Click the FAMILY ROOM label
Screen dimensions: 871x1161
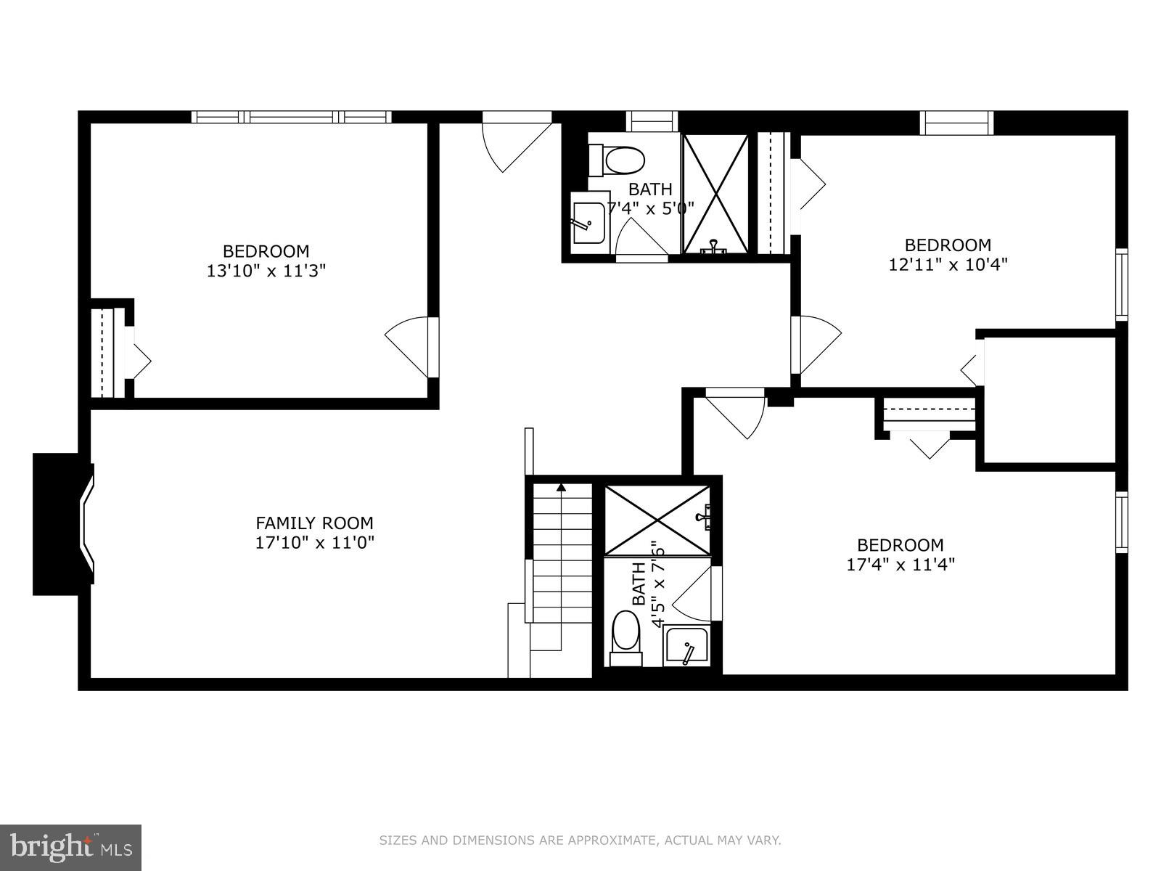coord(314,523)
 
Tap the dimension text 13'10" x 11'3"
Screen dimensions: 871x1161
coord(266,271)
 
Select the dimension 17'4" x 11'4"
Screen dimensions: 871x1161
coord(900,564)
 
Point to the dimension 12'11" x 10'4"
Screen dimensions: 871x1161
coord(948,264)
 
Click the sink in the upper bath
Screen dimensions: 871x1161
coord(588,222)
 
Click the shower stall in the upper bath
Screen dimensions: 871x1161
coord(716,194)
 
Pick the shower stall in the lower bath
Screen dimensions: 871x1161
coord(657,520)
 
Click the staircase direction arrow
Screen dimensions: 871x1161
coord(561,487)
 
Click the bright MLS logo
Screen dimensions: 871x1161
coord(70,847)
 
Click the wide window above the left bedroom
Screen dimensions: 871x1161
coord(291,117)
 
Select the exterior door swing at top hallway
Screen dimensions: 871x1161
coord(517,142)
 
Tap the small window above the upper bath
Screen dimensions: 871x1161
coord(651,120)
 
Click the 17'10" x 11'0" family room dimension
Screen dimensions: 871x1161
coord(314,542)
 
